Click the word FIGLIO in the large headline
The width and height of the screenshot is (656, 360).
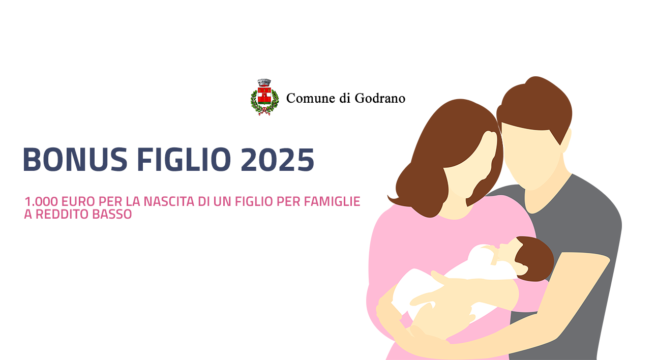pos(184,159)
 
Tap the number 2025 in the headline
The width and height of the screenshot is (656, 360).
pos(277,159)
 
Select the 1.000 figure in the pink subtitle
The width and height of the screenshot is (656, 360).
pos(41,202)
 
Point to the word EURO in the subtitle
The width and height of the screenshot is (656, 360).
pos(78,202)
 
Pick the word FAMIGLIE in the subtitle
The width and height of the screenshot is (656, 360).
pos(332,202)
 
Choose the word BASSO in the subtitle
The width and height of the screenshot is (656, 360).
pos(112,215)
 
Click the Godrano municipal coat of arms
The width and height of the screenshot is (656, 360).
pos(264,97)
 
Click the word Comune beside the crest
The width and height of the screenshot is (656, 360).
pos(311,99)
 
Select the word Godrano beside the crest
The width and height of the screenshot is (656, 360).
pos(380,99)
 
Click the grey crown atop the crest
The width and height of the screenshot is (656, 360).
pos(264,82)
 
